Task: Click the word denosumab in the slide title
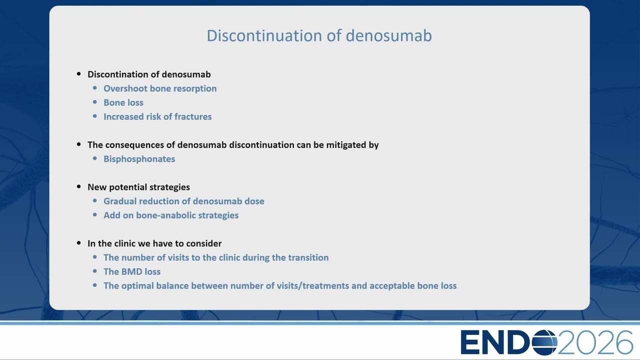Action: (x=388, y=35)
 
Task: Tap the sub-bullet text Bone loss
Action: (x=123, y=102)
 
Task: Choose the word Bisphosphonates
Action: (x=139, y=159)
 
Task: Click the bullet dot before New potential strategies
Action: (x=79, y=186)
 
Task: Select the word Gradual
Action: (x=120, y=201)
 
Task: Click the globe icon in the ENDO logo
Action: (x=544, y=342)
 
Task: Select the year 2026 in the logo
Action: (x=595, y=342)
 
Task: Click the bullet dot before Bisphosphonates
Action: (x=95, y=158)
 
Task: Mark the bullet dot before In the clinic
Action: (x=79, y=243)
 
